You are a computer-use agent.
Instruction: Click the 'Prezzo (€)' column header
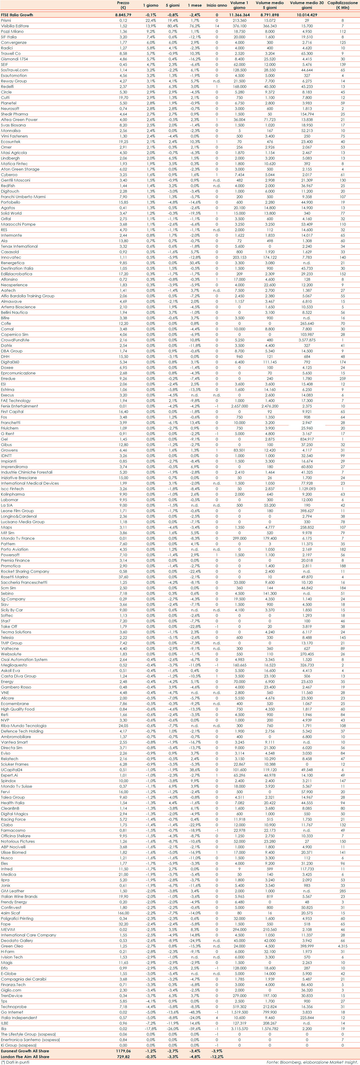click(123, 5)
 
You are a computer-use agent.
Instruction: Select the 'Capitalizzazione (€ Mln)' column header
click(342, 5)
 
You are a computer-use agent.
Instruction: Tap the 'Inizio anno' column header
click(217, 5)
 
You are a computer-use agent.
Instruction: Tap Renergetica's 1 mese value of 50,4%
click(195, 263)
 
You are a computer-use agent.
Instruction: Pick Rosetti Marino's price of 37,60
click(123, 577)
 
